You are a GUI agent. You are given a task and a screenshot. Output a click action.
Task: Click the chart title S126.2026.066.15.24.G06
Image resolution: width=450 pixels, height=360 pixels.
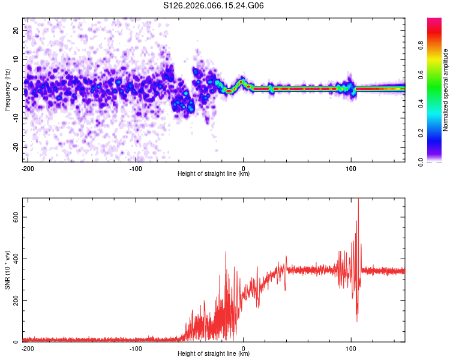pos(214,6)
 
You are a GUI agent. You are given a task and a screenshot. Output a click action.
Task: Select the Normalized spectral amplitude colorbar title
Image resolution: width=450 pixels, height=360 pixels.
pos(446,90)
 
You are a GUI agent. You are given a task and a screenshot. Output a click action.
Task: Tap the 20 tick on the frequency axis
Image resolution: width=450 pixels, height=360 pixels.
pos(16,29)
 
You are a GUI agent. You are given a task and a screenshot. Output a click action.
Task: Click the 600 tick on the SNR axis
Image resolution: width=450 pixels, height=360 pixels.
pos(14,217)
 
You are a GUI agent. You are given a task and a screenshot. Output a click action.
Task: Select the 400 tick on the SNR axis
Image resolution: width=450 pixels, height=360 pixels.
pos(14,259)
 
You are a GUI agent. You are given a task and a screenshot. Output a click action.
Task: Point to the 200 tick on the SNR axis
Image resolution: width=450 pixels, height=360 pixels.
pos(14,300)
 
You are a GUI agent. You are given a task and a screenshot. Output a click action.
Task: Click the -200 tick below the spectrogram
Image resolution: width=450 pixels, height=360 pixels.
pos(28,167)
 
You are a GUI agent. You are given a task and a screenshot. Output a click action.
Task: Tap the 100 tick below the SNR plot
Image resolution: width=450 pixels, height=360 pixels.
pos(351,347)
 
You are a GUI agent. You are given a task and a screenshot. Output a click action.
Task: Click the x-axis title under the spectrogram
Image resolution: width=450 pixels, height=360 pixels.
pos(214,174)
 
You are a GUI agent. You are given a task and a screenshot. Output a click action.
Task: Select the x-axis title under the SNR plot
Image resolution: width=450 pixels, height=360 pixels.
pos(214,354)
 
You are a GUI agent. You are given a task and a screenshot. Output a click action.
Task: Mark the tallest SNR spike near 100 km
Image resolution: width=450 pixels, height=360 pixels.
pos(358,200)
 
